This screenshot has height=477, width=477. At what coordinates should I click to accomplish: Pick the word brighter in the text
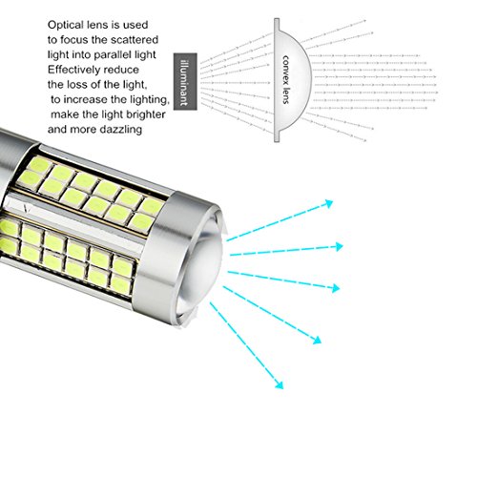click(146, 114)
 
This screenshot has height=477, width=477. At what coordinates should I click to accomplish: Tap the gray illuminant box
click(185, 82)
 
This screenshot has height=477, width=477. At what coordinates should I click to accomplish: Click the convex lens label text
click(285, 79)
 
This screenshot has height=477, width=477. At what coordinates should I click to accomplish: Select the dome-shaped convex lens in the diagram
click(291, 80)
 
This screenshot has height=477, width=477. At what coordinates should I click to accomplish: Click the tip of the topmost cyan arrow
click(333, 200)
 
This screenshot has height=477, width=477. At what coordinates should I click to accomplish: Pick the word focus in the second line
click(74, 40)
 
